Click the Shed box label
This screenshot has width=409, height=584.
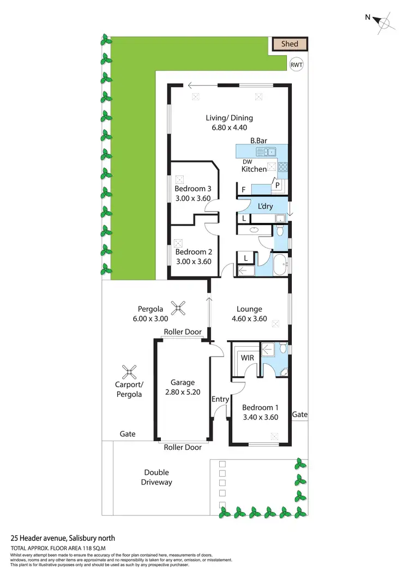tap(290, 44)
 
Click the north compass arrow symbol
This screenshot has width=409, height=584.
tap(384, 22)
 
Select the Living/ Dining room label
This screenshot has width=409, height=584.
tap(229, 118)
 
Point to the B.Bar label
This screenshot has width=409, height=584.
tap(258, 141)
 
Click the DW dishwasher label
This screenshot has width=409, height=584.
tap(247, 161)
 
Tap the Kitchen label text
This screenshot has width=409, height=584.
tap(254, 170)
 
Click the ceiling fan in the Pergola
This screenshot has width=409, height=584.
tap(177, 309)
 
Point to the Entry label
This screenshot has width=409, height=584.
tap(220, 400)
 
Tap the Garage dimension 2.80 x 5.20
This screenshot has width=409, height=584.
tap(182, 392)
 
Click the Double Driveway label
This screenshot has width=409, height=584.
tap(156, 477)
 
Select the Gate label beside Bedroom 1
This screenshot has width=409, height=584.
tap(299, 414)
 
